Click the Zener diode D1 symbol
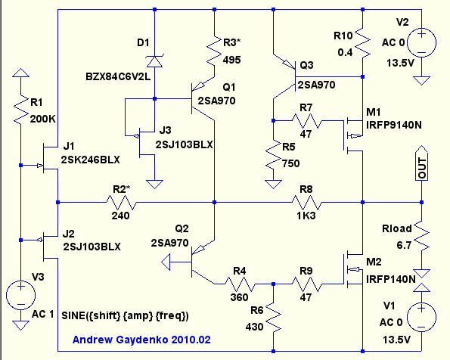click(154, 61)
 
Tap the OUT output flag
click(421, 163)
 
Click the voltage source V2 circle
click(421, 42)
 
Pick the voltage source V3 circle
click(20, 295)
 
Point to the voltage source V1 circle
click(421, 317)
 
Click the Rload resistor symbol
click(421, 236)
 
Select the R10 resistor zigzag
click(362, 43)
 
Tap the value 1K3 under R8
click(306, 216)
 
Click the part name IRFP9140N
click(394, 125)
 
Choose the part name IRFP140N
click(391, 279)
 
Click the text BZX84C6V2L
click(118, 76)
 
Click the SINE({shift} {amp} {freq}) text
click(125, 316)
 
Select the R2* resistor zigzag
click(121, 203)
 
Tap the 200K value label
click(43, 119)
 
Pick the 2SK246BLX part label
click(91, 160)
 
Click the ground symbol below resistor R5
click(273, 184)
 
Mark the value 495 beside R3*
click(232, 60)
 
